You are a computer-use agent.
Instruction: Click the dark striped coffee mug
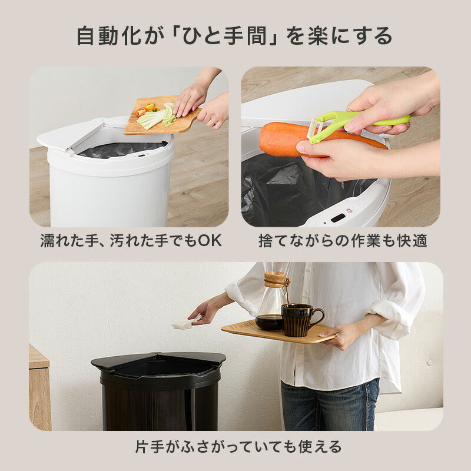tap(298, 320)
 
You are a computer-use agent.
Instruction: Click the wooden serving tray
tap(277, 332)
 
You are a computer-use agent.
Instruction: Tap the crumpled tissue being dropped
tap(183, 324)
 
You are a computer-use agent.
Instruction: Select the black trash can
tap(158, 394)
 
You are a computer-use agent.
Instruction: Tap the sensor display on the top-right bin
tap(338, 218)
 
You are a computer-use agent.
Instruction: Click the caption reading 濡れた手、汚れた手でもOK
tap(131, 241)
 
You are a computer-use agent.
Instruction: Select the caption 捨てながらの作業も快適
tap(343, 241)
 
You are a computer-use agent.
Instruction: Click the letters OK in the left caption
tap(210, 241)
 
